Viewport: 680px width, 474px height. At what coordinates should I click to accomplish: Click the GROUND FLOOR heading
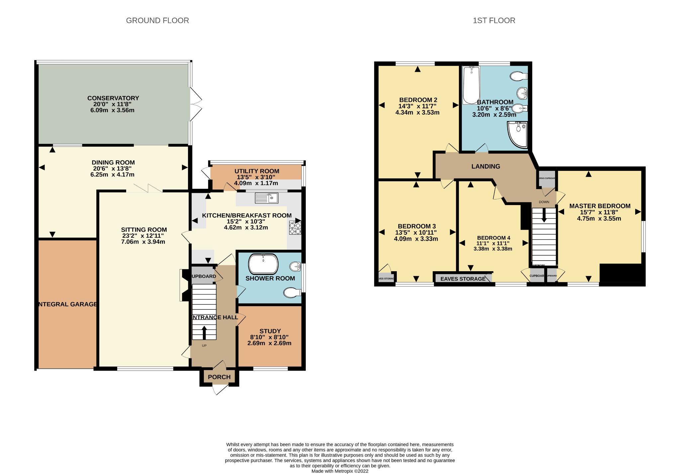point(157,21)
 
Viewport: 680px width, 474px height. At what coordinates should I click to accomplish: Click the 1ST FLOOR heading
point(494,21)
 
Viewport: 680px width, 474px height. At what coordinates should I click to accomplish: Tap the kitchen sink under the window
point(266,198)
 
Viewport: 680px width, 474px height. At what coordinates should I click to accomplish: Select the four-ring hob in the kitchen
point(295,228)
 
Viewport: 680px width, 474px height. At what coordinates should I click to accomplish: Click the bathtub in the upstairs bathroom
point(471,85)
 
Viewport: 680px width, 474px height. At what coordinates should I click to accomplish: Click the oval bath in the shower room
point(263,264)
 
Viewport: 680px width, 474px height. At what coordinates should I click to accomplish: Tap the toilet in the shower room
point(292,293)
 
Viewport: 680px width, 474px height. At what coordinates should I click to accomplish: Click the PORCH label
point(219,377)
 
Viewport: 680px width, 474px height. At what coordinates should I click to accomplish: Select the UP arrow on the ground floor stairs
point(204,332)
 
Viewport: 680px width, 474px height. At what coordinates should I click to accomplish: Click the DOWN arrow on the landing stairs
point(544,216)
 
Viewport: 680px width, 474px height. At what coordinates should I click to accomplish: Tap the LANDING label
point(485,167)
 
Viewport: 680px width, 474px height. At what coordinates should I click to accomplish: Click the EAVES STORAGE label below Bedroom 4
point(463,279)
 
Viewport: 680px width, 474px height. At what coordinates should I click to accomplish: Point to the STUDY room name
point(270,331)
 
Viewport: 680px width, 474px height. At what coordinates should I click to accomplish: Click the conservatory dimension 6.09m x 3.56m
point(112,110)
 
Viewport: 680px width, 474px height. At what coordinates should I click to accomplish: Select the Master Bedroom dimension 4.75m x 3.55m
point(599,219)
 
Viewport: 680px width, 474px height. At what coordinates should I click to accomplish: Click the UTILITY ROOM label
point(257,171)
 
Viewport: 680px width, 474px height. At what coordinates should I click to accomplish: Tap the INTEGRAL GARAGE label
point(68,304)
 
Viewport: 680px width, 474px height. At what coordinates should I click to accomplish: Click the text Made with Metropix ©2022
point(340,471)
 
